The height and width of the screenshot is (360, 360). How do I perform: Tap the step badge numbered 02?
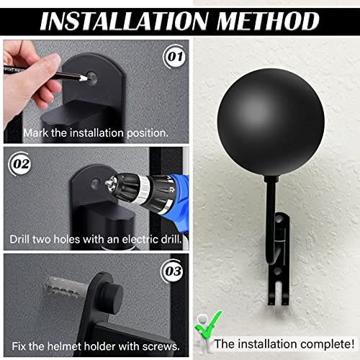pos(21,165)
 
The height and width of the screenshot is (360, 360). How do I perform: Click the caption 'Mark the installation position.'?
pos(96,133)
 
